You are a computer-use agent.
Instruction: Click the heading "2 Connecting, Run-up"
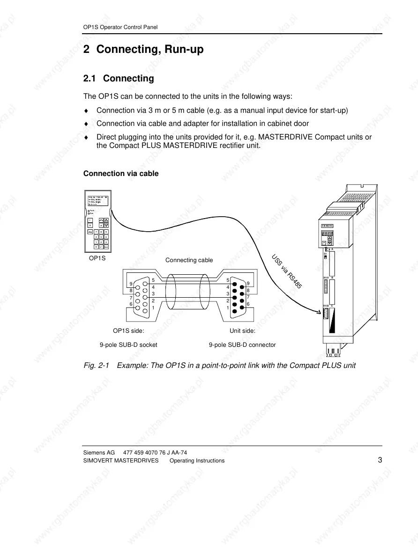click(143, 49)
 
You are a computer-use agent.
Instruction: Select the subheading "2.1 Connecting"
click(119, 78)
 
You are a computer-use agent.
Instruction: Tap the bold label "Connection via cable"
click(121, 174)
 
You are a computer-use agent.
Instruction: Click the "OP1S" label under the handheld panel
click(97, 258)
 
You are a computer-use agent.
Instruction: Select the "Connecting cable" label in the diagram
click(189, 260)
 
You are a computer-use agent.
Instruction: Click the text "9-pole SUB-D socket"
click(128, 345)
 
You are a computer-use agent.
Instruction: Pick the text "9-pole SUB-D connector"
click(242, 345)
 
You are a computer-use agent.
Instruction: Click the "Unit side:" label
click(242, 330)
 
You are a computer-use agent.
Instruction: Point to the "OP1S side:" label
click(128, 330)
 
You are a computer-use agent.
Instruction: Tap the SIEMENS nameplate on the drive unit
click(328, 226)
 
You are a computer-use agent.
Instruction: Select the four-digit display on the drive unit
click(328, 234)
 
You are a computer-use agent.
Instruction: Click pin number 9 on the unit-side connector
click(248, 284)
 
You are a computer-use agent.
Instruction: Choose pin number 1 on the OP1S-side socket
click(153, 308)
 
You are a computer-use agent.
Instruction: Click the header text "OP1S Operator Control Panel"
click(117, 27)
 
